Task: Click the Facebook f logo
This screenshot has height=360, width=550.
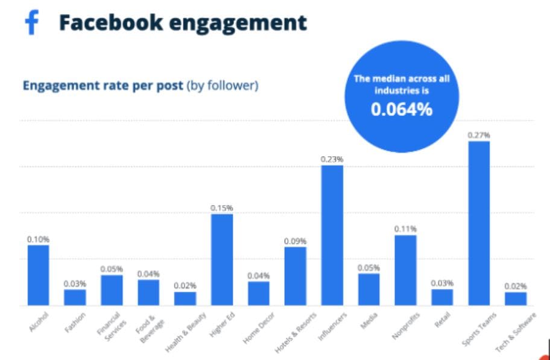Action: coord(31,24)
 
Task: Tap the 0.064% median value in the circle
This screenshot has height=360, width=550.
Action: coord(401,110)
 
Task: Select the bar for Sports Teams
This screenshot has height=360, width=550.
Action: coord(479,223)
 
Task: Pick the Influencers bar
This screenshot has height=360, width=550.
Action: coord(332,235)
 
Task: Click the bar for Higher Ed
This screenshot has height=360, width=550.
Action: coord(222,259)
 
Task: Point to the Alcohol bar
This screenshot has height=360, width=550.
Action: coord(38,274)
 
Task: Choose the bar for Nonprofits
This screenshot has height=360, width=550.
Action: coord(405,270)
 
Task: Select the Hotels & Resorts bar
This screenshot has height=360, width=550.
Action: coord(295,276)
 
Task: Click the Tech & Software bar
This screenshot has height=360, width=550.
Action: coord(516,298)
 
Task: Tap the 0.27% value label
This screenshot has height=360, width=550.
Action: coord(478,134)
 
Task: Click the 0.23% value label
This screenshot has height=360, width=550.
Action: coord(332,159)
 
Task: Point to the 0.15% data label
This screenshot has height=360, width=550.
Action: coord(221,207)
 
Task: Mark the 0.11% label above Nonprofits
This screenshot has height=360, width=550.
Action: coord(405,229)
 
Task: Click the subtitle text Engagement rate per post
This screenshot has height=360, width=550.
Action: coord(103,86)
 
